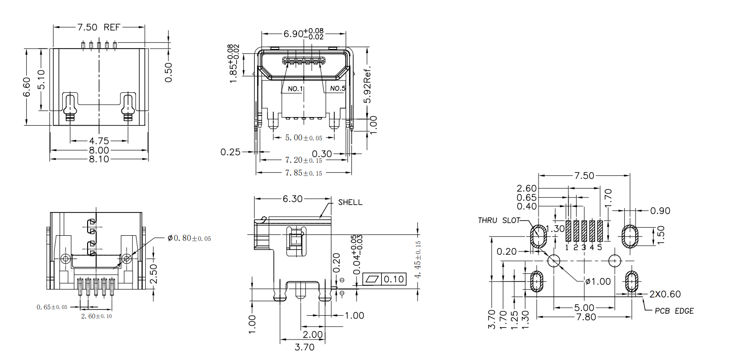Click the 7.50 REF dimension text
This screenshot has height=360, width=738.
click(x=99, y=27)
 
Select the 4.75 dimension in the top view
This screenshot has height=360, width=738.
click(x=99, y=141)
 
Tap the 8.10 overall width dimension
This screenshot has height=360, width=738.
click(x=99, y=159)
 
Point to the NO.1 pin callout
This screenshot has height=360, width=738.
click(x=295, y=89)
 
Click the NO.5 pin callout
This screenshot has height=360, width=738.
click(x=338, y=89)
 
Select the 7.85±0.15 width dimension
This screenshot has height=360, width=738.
click(x=303, y=173)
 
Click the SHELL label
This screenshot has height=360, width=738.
click(x=350, y=202)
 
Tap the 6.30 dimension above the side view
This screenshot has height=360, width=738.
click(x=293, y=199)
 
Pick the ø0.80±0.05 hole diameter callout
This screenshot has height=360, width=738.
click(x=189, y=238)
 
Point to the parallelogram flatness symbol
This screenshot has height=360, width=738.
click(x=372, y=279)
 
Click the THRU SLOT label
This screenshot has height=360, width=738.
click(x=499, y=220)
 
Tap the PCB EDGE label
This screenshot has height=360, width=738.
click(x=674, y=311)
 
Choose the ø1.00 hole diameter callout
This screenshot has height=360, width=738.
click(x=598, y=281)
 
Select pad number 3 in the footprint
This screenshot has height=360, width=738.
click(x=584, y=248)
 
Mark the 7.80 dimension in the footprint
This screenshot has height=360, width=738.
click(x=586, y=317)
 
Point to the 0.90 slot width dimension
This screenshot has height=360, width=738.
click(x=660, y=210)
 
